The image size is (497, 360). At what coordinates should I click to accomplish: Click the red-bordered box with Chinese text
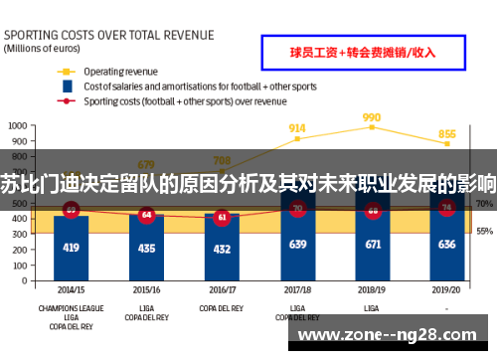363,51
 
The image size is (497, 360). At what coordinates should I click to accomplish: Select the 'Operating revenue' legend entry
120,72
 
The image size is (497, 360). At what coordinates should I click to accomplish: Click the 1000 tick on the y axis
18,126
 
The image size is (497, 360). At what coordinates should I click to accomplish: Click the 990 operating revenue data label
372,116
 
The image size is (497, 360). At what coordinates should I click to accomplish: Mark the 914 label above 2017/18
297,128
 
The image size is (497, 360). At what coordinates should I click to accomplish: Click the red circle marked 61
222,216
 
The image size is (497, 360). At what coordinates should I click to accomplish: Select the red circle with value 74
447,208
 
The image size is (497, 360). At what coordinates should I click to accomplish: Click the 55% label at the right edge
485,232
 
